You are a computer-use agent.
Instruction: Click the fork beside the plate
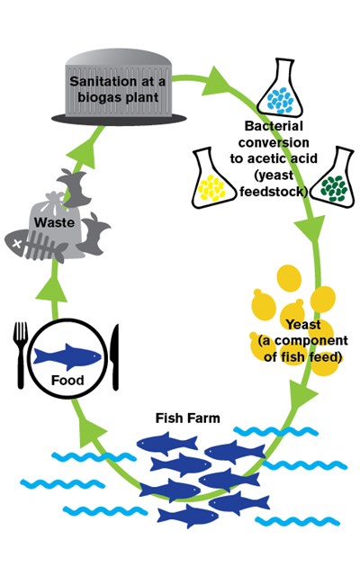[20, 355]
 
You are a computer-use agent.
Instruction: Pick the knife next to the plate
[115, 357]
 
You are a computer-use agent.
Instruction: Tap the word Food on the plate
[67, 381]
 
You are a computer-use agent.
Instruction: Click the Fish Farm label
[187, 418]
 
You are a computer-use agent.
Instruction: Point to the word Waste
[54, 222]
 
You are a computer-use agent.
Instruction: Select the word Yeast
[303, 324]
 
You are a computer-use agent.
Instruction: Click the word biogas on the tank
[100, 97]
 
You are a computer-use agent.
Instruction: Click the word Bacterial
[274, 126]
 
